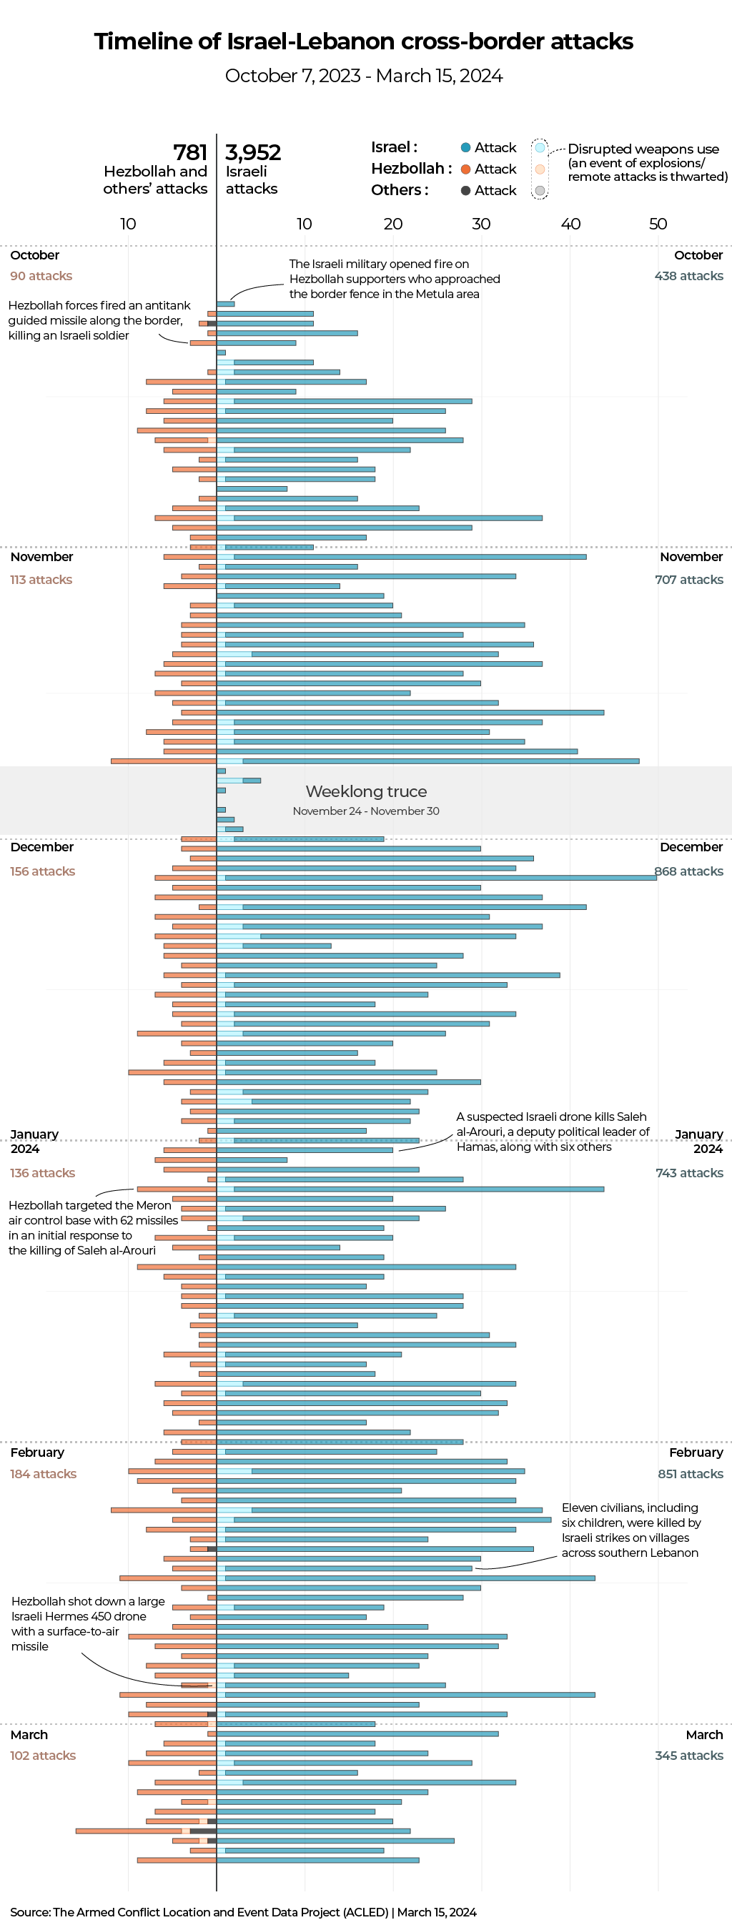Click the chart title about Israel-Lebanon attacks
coord(364,41)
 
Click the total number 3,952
coord(252,153)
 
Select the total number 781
coord(189,153)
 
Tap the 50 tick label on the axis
coord(658,224)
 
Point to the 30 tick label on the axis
coord(481,224)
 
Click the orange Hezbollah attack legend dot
coord(465,169)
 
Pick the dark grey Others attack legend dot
coord(465,190)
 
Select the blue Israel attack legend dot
coord(465,147)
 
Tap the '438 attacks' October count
coord(688,276)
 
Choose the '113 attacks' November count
coord(41,580)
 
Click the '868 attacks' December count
coord(688,871)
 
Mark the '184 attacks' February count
coord(43,1474)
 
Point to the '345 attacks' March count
coord(688,1756)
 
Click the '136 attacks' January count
coord(42,1172)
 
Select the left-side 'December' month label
coord(42,847)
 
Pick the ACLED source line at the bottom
coord(243,1912)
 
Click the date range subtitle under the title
coord(364,76)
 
